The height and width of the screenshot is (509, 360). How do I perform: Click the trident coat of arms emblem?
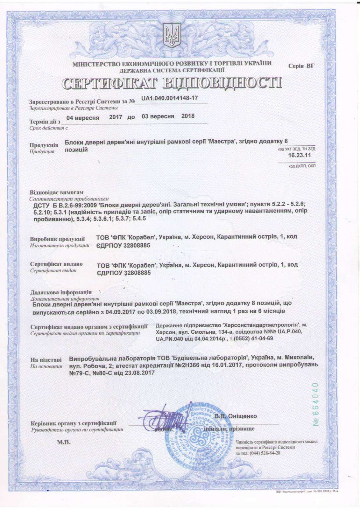tap(172, 35)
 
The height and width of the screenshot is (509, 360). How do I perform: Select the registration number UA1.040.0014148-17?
tap(169, 98)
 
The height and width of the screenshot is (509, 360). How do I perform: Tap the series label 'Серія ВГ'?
tap(301, 66)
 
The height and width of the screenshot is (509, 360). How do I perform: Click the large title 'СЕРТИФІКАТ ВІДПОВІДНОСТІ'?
tap(172, 83)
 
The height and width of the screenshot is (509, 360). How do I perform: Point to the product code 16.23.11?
tap(299, 155)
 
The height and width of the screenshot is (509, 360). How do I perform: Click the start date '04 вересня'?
tap(83, 117)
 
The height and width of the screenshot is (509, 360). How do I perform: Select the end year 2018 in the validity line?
tap(188, 116)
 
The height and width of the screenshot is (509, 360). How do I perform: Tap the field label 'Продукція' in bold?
tap(44, 145)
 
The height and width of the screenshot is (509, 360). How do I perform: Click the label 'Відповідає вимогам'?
tap(57, 192)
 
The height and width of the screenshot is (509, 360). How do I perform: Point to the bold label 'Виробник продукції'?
tap(58, 239)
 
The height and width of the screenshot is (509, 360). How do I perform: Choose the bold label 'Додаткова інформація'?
tap(61, 292)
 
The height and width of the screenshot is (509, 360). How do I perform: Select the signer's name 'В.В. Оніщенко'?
tap(236, 416)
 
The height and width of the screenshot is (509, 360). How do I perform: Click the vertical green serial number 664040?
tap(316, 405)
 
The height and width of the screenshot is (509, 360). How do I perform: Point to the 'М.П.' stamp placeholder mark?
tap(64, 442)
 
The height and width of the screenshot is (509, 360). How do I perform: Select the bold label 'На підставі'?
tap(46, 360)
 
